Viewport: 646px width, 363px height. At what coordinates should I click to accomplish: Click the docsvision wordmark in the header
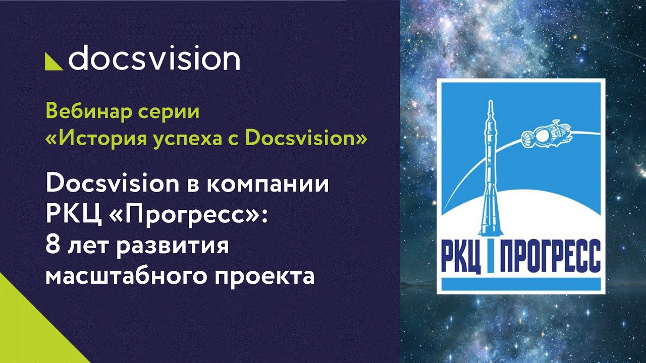(x=154, y=59)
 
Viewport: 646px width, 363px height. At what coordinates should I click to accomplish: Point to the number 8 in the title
(x=51, y=246)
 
